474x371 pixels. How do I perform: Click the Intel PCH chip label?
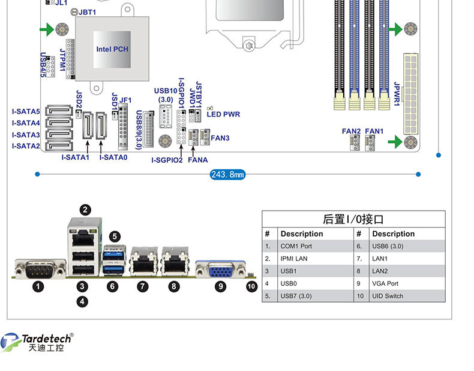pyautogui.click(x=112, y=49)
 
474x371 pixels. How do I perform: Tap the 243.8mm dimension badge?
pyautogui.click(x=227, y=175)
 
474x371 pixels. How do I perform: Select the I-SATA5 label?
pyautogui.click(x=26, y=112)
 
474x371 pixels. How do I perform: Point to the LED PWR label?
pyautogui.click(x=223, y=114)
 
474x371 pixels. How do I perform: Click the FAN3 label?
pyautogui.click(x=220, y=138)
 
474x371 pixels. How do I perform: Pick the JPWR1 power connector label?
pyautogui.click(x=397, y=94)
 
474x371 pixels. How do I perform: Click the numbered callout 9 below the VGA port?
pyautogui.click(x=220, y=286)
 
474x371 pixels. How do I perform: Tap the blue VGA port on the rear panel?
pyautogui.click(x=220, y=269)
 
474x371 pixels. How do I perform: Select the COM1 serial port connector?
pyautogui.click(x=40, y=268)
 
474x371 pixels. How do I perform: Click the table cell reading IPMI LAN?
pyautogui.click(x=294, y=259)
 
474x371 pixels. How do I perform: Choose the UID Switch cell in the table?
pyautogui.click(x=388, y=296)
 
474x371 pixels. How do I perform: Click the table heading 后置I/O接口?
pyautogui.click(x=353, y=219)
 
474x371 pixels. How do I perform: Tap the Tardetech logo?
pyautogui.click(x=37, y=342)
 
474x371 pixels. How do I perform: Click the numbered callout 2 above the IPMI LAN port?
pyautogui.click(x=85, y=210)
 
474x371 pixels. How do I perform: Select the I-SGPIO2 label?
pyautogui.click(x=167, y=160)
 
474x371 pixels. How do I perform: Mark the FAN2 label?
pyautogui.click(x=351, y=131)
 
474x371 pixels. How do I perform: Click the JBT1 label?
pyautogui.click(x=87, y=12)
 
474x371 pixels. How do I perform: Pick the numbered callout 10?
pyautogui.click(x=251, y=286)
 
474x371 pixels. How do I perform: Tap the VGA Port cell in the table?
pyautogui.click(x=385, y=283)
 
